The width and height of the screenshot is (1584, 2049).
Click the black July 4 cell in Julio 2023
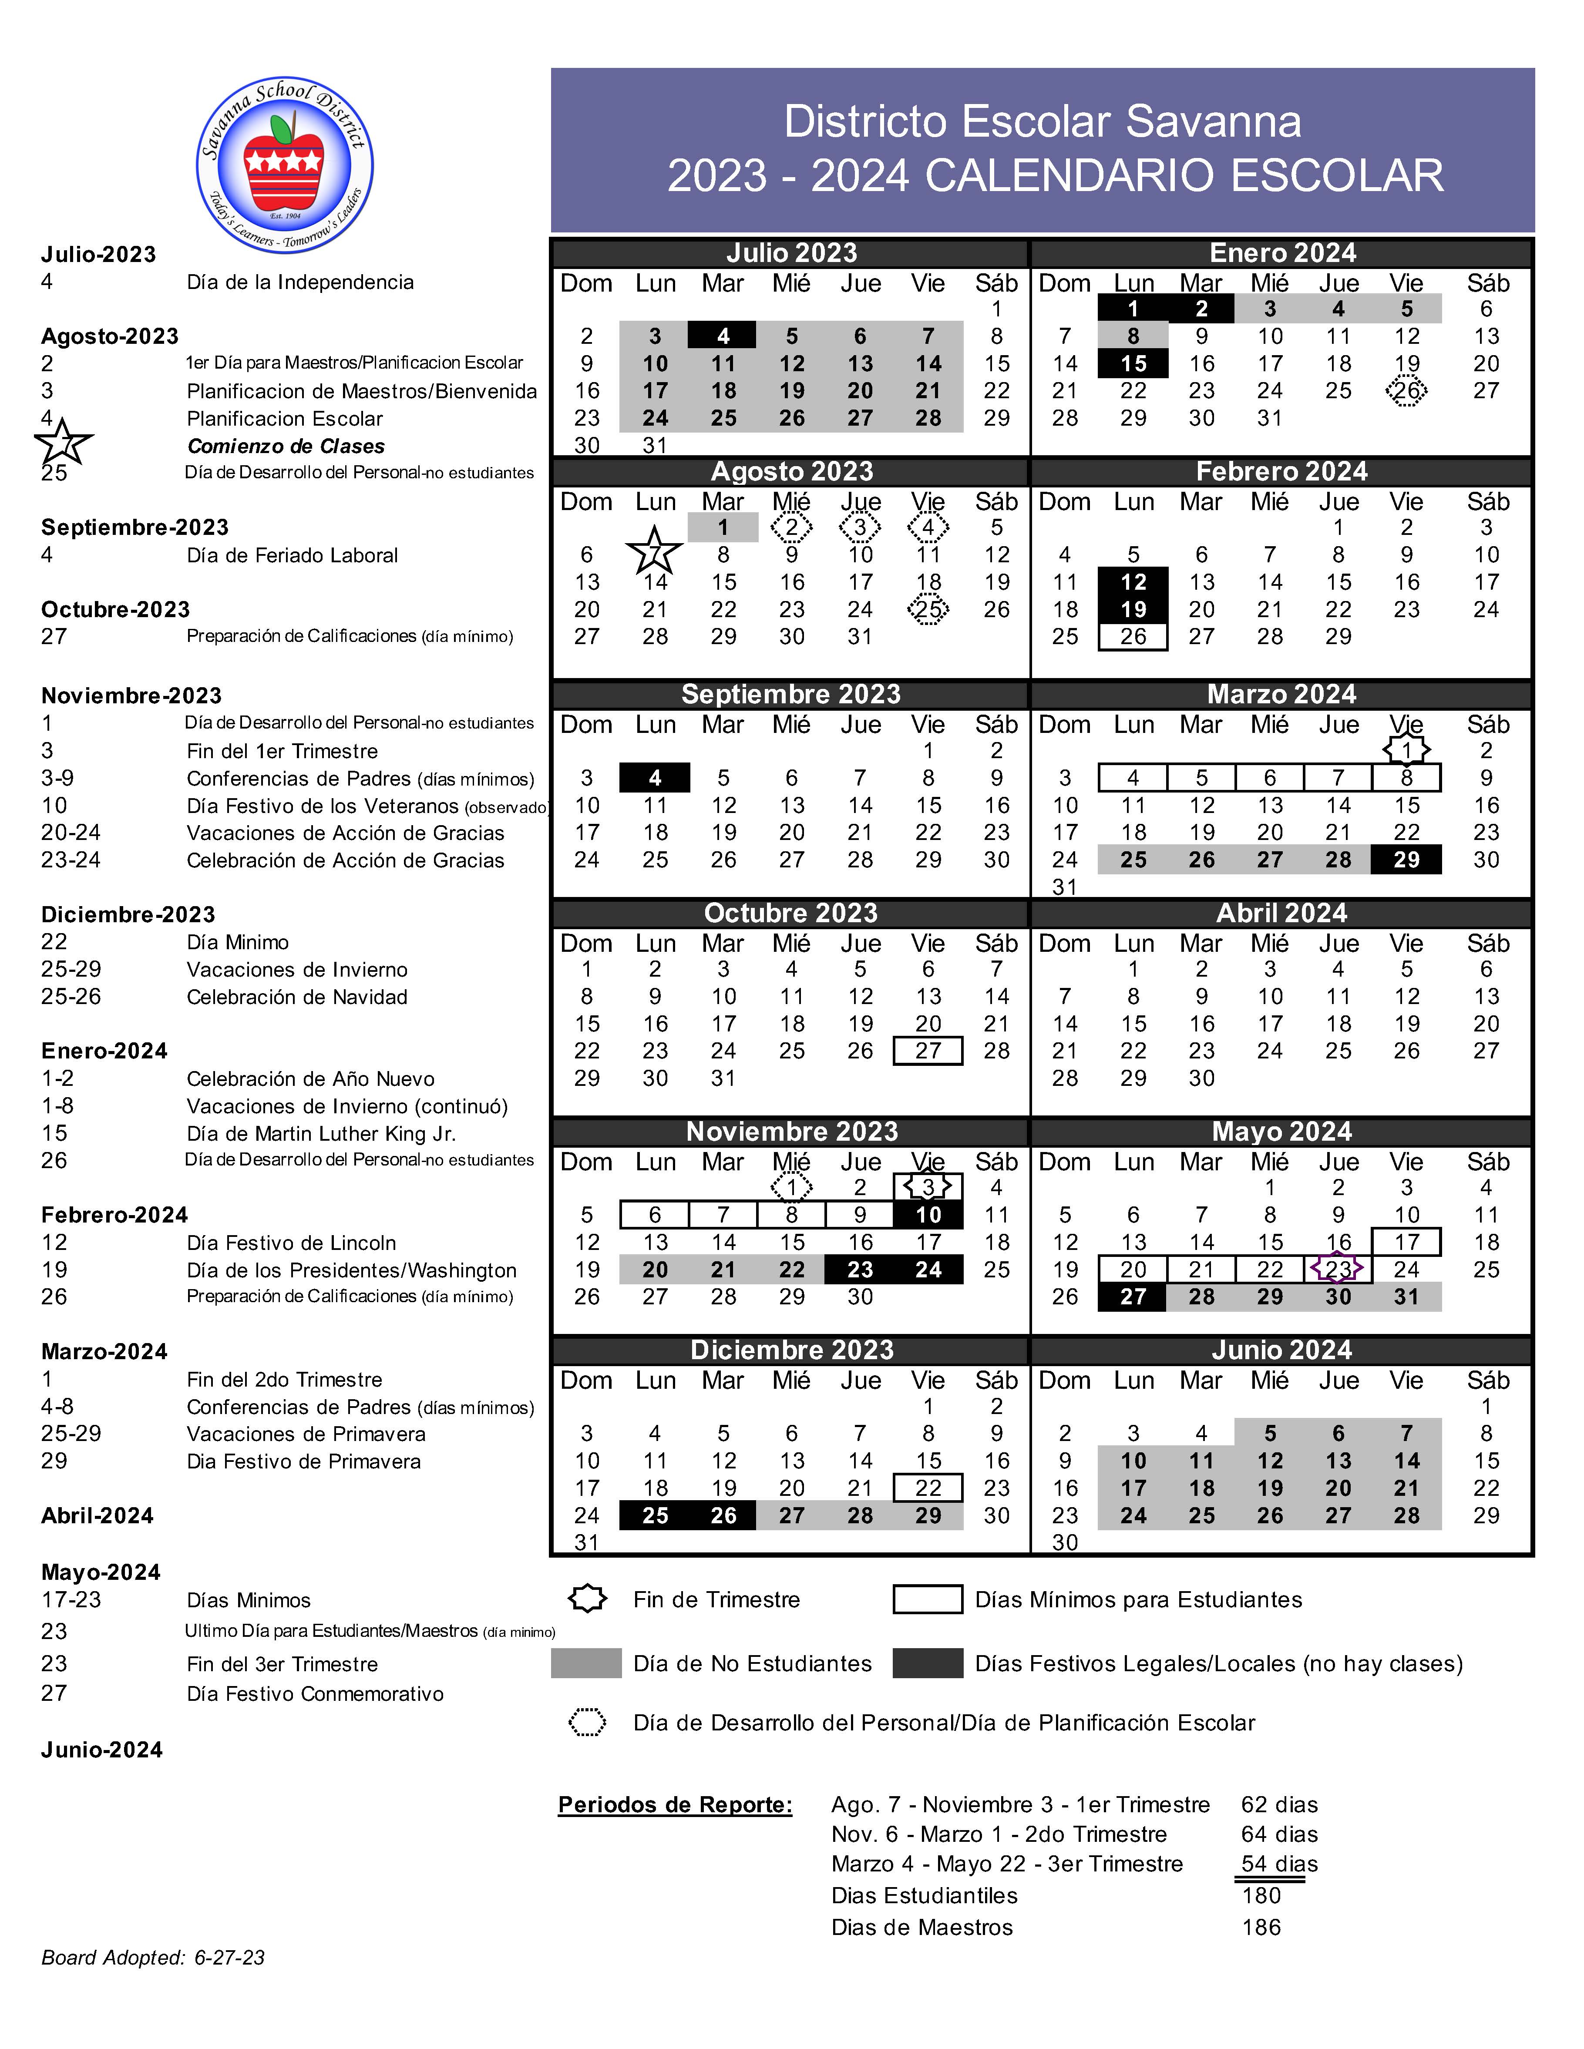(723, 336)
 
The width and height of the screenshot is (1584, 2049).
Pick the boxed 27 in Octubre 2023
(928, 1051)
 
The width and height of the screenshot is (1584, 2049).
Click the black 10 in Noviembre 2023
(928, 1215)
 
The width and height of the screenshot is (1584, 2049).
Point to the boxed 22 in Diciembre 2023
(928, 1488)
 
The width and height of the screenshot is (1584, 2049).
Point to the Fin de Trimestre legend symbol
(588, 1599)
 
